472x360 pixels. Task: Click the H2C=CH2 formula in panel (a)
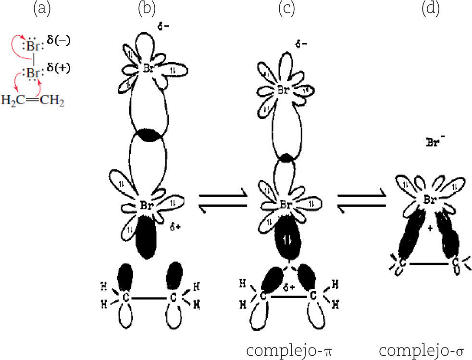tap(33, 101)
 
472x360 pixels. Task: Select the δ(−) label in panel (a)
tap(59, 41)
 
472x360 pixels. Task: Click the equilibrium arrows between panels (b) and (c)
tap(223, 202)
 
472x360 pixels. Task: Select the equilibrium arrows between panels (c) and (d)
tap(362, 202)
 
